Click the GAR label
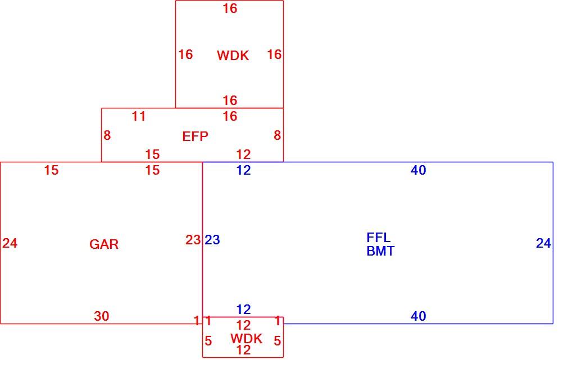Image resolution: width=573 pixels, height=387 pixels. (x=104, y=244)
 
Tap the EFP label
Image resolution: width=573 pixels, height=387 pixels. (x=195, y=136)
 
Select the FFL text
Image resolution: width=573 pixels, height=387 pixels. (x=378, y=238)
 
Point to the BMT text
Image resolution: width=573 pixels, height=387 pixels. (x=380, y=251)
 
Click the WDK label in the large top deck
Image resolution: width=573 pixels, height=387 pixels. (x=233, y=56)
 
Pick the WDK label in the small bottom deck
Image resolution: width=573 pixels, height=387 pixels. (x=246, y=338)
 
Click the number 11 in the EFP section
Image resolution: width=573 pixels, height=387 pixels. (x=139, y=116)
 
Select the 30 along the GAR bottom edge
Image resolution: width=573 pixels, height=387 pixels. (x=102, y=316)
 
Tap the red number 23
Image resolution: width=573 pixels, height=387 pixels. (x=193, y=240)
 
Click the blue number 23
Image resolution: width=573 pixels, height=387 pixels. (x=212, y=240)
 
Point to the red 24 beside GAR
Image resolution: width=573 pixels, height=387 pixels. (x=10, y=243)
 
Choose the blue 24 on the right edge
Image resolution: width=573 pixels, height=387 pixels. (x=543, y=243)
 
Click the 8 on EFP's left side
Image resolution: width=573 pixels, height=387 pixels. (x=107, y=135)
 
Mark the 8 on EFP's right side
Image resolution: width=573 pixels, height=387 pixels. (x=278, y=135)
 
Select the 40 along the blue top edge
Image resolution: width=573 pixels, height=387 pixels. (x=419, y=170)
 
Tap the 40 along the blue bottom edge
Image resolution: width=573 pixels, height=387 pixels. (x=419, y=316)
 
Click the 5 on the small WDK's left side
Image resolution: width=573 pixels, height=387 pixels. (x=208, y=341)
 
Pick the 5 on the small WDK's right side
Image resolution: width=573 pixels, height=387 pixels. (x=278, y=341)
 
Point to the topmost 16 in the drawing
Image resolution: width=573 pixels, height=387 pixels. (x=230, y=8)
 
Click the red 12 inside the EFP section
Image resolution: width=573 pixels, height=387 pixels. (x=243, y=154)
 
